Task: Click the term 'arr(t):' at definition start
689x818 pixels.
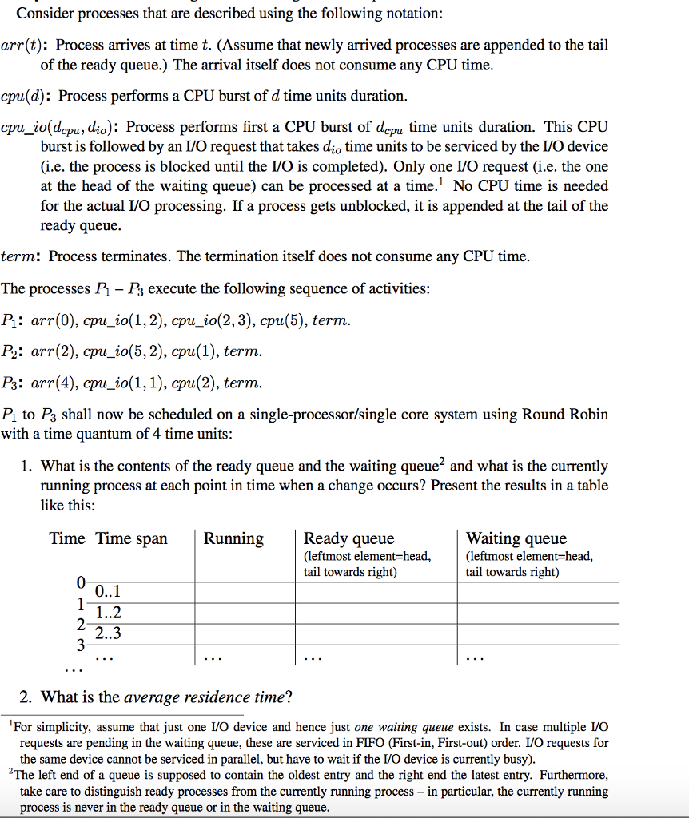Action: point(23,46)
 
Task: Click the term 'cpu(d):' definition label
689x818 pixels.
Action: point(26,96)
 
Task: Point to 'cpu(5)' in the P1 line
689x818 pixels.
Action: point(282,321)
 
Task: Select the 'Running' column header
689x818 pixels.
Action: point(233,539)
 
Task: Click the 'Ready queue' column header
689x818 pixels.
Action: point(348,539)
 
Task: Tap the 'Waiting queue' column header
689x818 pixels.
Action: point(516,539)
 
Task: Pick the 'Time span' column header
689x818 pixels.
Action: point(132,539)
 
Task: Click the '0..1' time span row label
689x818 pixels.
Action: point(107,593)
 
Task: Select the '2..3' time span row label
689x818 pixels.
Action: point(107,634)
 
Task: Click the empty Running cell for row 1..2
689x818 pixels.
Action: point(245,613)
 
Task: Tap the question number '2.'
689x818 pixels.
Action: point(26,697)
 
